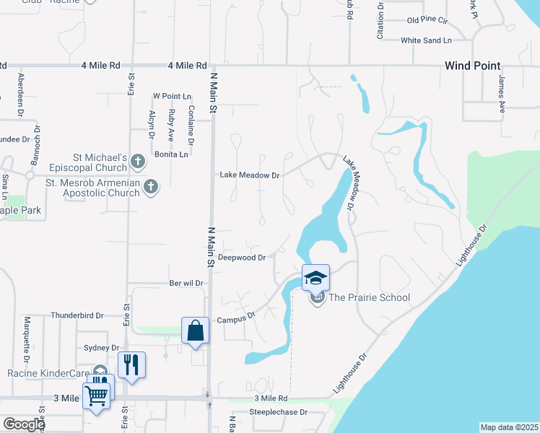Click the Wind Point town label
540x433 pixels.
point(472,66)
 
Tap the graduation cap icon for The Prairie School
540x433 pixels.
point(315,276)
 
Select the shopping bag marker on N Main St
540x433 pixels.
point(195,331)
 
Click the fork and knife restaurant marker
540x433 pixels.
point(131,364)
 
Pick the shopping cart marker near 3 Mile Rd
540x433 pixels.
point(97,395)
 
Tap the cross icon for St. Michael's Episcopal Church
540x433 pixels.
point(139,160)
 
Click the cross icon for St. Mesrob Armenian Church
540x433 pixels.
point(150,186)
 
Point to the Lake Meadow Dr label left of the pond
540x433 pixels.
point(249,175)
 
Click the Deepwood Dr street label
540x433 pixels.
point(243,257)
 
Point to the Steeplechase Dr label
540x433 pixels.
point(278,413)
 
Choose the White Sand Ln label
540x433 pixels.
point(426,40)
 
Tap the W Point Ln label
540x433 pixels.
point(172,96)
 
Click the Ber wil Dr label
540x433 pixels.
point(186,284)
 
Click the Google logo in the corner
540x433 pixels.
point(24,424)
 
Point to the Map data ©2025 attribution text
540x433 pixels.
point(509,427)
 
